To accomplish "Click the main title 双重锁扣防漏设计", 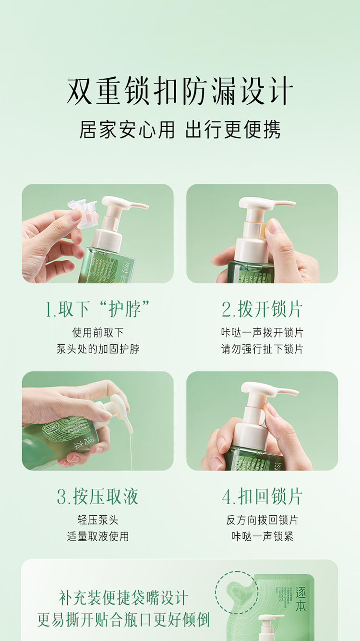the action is pyautogui.click(x=180, y=90).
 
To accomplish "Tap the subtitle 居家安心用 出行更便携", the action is pyautogui.click(x=180, y=130).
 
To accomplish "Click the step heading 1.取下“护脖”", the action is pyautogui.click(x=97, y=309).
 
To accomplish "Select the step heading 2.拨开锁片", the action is pyautogui.click(x=262, y=309).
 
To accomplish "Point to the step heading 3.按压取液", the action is pyautogui.click(x=97, y=496).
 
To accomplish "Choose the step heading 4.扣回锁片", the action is pyautogui.click(x=262, y=496).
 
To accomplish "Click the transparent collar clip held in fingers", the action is pyautogui.click(x=83, y=213).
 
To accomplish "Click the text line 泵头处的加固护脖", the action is pyautogui.click(x=98, y=349).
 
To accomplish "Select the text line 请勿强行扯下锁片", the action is pyautogui.click(x=262, y=349).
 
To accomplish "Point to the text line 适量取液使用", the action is pyautogui.click(x=98, y=536).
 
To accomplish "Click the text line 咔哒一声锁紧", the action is pyautogui.click(x=263, y=536).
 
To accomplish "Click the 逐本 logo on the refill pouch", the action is pyautogui.click(x=300, y=599).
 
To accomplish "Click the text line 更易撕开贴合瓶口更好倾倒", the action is pyautogui.click(x=124, y=619).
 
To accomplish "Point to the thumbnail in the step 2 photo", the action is pyautogui.click(x=273, y=225).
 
